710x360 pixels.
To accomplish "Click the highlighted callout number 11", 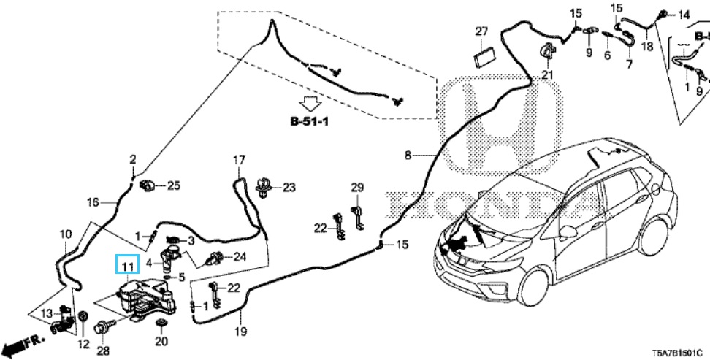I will pos(128,265).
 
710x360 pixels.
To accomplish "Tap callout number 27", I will pos(481,31).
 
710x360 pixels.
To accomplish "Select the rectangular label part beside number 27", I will pos(483,56).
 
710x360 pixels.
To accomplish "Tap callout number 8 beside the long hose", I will pos(408,155).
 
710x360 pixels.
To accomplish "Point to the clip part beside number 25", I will pos(148,185).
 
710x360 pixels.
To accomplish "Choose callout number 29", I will pos(356,188).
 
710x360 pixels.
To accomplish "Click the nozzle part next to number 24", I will pos(217,257).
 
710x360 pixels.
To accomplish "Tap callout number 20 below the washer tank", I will pos(161,341).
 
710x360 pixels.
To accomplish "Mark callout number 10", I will pos(65,234).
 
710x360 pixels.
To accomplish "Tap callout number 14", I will pos(684,15).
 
